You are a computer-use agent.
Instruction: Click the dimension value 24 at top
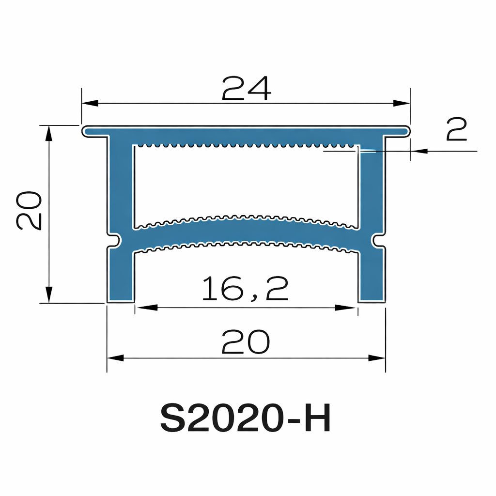coord(246,89)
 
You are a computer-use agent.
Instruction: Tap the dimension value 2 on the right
coord(456,129)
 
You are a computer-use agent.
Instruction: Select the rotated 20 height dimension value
coord(30,210)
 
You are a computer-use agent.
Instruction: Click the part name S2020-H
coord(246,419)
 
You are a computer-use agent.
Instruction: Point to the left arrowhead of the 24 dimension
coord(90,103)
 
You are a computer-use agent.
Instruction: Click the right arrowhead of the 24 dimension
coord(402,103)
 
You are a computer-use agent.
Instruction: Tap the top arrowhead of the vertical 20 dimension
coord(48,133)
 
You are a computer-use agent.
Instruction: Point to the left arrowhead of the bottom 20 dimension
coord(115,358)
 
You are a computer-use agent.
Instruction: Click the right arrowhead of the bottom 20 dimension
coord(377,358)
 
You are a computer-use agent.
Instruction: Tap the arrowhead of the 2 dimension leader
coord(419,151)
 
